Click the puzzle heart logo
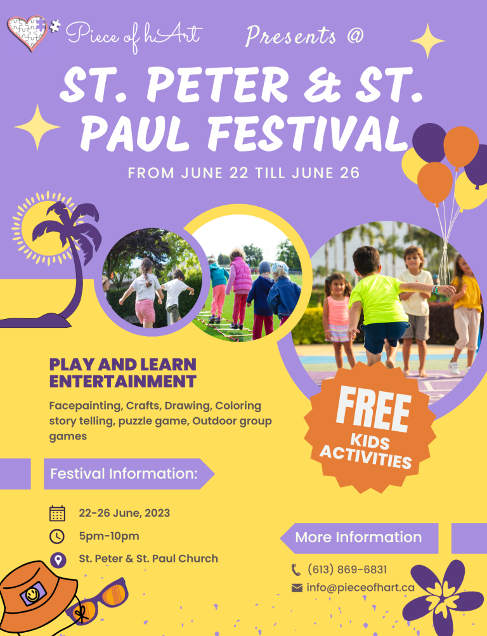pyautogui.click(x=27, y=33)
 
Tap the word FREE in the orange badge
pyautogui.click(x=373, y=409)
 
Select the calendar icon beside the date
pyautogui.click(x=57, y=513)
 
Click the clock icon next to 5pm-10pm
pyautogui.click(x=57, y=536)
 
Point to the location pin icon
pyautogui.click(x=58, y=560)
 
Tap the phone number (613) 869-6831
pyautogui.click(x=347, y=569)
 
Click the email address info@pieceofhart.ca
pyautogui.click(x=360, y=587)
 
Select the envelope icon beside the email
pyautogui.click(x=297, y=588)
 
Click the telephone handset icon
pyautogui.click(x=296, y=569)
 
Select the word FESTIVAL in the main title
pyautogui.click(x=308, y=133)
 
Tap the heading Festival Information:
pyautogui.click(x=124, y=473)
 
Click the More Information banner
pyautogui.click(x=359, y=538)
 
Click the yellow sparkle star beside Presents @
pyautogui.click(x=427, y=41)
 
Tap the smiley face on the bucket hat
pyautogui.click(x=32, y=594)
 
